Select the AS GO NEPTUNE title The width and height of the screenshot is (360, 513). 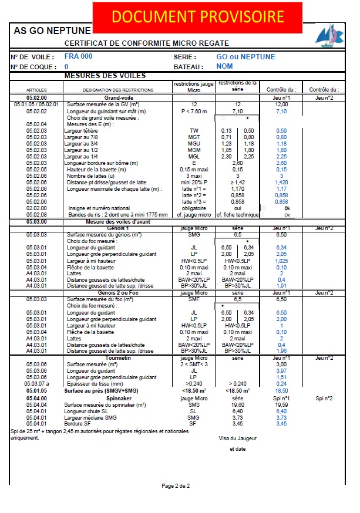pyautogui.click(x=52, y=31)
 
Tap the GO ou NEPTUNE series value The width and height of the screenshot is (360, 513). pyautogui.click(x=245, y=57)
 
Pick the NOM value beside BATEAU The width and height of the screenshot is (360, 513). pyautogui.click(x=225, y=67)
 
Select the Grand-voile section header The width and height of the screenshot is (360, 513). pyautogui.click(x=119, y=97)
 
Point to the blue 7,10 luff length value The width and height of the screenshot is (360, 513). pyautogui.click(x=281, y=111)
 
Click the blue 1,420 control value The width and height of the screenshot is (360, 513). pyautogui.click(x=282, y=183)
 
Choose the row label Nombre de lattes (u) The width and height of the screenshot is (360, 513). pyautogui.click(x=95, y=176)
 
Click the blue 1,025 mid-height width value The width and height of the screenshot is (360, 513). pyautogui.click(x=282, y=261)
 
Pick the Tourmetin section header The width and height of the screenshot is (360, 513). pyautogui.click(x=120, y=357)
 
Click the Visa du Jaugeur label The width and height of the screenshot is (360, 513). pyautogui.click(x=237, y=438)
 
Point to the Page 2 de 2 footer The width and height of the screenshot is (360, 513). pyautogui.click(x=176, y=486)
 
